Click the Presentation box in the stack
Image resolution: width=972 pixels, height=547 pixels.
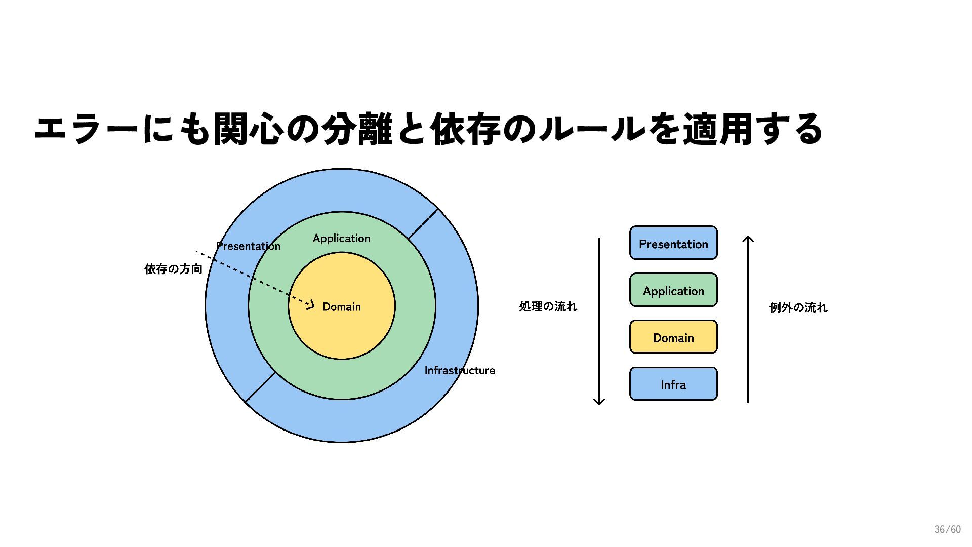(673, 243)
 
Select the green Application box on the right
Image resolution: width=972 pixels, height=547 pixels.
(673, 290)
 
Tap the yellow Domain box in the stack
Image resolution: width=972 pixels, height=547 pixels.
(673, 337)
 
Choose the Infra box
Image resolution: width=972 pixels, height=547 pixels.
(673, 384)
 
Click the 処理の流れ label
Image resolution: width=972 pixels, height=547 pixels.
(548, 306)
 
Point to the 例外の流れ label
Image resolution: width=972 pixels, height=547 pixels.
(798, 307)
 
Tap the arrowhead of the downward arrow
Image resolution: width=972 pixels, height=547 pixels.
(599, 402)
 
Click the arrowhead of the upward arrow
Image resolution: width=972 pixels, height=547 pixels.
(748, 238)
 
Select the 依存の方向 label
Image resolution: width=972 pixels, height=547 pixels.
(173, 269)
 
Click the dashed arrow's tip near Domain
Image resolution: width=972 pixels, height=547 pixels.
(312, 305)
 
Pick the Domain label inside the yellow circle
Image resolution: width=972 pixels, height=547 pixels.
(342, 307)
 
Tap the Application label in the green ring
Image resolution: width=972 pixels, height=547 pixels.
(341, 238)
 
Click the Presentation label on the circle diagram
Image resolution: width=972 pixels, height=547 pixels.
(248, 246)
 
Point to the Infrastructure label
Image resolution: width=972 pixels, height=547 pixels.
(459, 370)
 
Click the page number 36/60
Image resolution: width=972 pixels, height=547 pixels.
(947, 529)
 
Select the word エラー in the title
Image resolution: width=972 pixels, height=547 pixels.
(86, 129)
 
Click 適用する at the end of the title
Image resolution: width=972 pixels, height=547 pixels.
(753, 129)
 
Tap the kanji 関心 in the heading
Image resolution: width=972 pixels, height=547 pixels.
(248, 129)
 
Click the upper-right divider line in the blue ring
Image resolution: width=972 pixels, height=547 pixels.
(423, 224)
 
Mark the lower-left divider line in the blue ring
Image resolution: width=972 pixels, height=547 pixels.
(260, 387)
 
